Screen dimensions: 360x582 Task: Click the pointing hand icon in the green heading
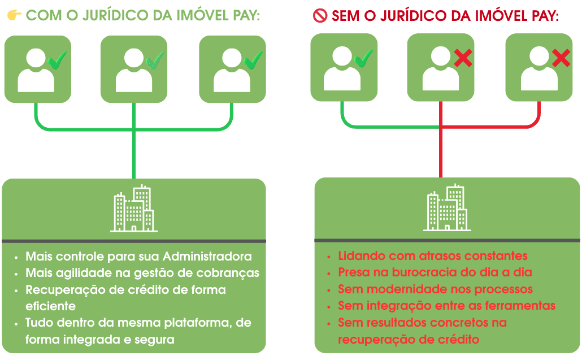[14, 15]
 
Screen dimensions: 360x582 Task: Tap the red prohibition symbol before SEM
[320, 16]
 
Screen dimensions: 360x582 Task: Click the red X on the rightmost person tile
[561, 57]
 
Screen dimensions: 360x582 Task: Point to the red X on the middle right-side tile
[463, 57]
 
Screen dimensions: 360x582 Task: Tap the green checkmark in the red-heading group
[363, 58]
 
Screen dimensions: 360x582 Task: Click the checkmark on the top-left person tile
[57, 59]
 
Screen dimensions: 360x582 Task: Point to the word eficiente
[50, 306]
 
